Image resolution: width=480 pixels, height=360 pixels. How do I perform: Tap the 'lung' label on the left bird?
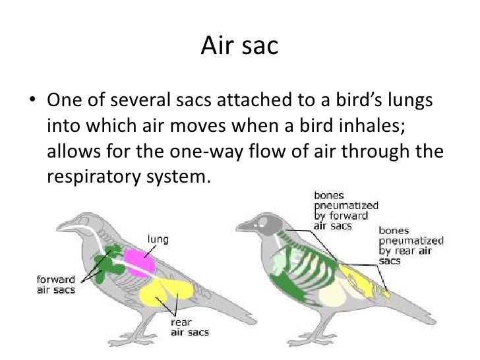click(158, 239)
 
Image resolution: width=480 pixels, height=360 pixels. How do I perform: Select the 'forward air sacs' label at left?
click(56, 284)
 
